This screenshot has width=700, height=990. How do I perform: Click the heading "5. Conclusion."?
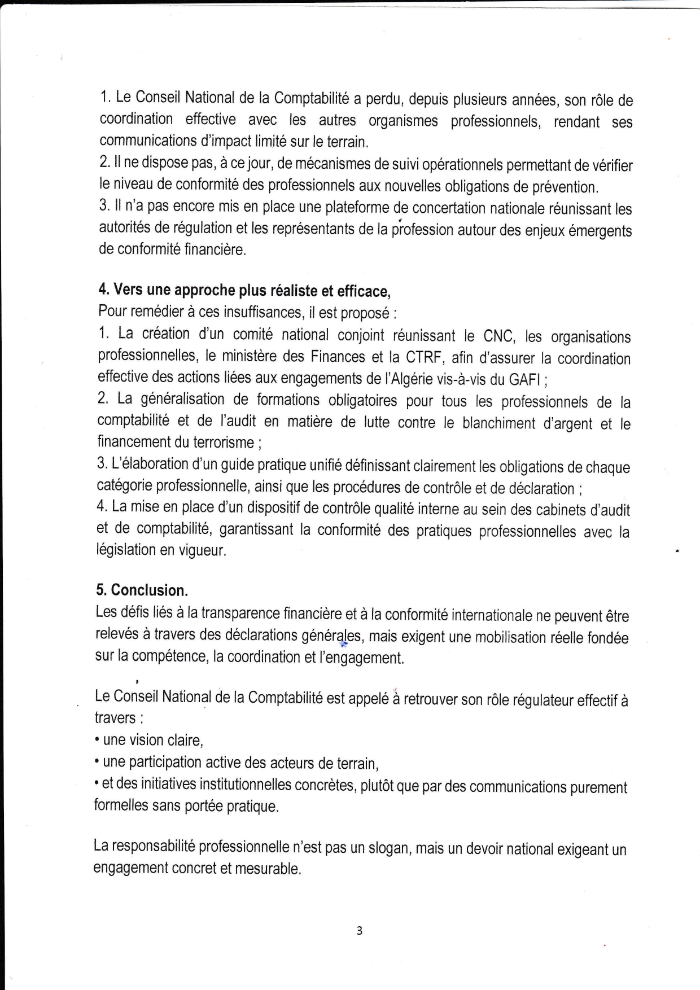tap(142, 590)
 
